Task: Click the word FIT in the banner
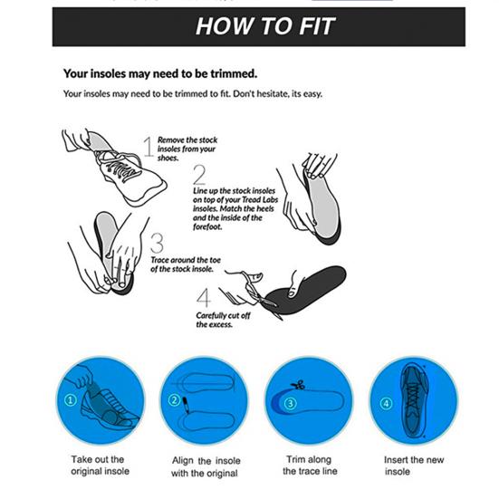pyautogui.click(x=317, y=26)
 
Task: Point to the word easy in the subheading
pyautogui.click(x=312, y=94)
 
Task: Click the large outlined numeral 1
pyautogui.click(x=148, y=147)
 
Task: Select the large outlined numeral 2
pyautogui.click(x=199, y=175)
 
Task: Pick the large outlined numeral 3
pyautogui.click(x=157, y=243)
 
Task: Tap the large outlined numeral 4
pyautogui.click(x=204, y=298)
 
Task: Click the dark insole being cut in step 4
pyautogui.click(x=306, y=290)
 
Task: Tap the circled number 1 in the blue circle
pyautogui.click(x=71, y=399)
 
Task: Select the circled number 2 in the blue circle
pyautogui.click(x=174, y=399)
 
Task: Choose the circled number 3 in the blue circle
pyautogui.click(x=290, y=404)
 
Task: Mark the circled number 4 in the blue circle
pyautogui.click(x=386, y=404)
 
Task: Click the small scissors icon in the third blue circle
pyautogui.click(x=298, y=385)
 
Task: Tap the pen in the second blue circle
pyautogui.click(x=186, y=405)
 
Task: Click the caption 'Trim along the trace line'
pyautogui.click(x=310, y=465)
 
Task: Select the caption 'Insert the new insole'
pyautogui.click(x=414, y=465)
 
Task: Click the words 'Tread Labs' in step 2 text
pyautogui.click(x=260, y=200)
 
